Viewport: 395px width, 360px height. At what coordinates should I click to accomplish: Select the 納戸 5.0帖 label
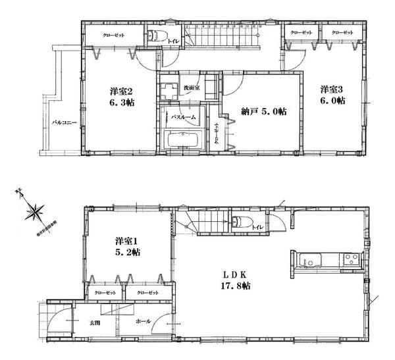click(262, 111)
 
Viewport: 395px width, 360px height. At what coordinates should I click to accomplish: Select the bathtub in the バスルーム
click(185, 140)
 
